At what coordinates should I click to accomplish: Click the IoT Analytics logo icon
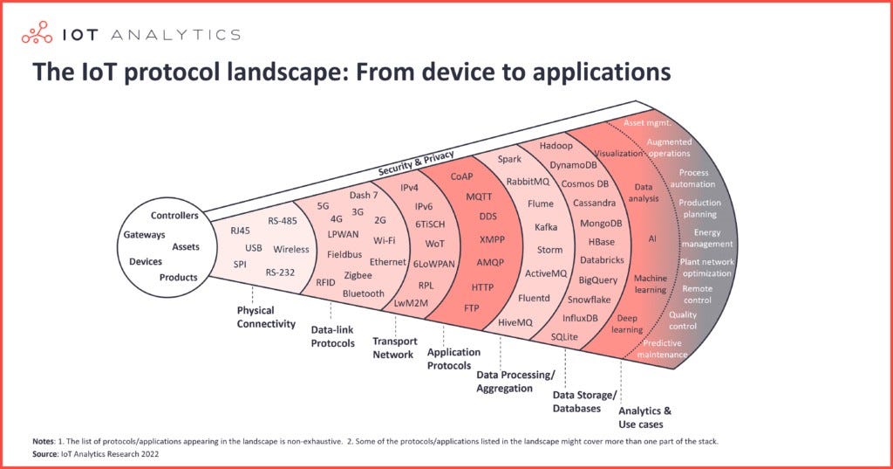[37, 33]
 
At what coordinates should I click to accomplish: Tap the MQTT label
[479, 197]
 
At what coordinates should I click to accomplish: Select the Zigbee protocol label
[358, 276]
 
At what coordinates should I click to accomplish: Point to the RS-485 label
[283, 221]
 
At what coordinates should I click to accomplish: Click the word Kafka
[546, 227]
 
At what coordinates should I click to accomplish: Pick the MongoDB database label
[601, 224]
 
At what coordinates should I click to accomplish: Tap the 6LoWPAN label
[434, 264]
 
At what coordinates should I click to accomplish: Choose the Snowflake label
[589, 300]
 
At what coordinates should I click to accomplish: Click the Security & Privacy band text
[416, 163]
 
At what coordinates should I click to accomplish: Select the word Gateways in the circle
[144, 234]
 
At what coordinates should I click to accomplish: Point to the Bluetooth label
[364, 293]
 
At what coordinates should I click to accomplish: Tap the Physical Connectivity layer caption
[266, 317]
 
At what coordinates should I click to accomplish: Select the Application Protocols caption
[453, 359]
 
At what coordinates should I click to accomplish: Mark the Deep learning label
[627, 324]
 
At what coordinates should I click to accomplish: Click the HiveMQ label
[515, 322]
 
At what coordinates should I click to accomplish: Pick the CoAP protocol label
[461, 177]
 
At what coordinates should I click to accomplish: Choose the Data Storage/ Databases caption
[584, 402]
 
